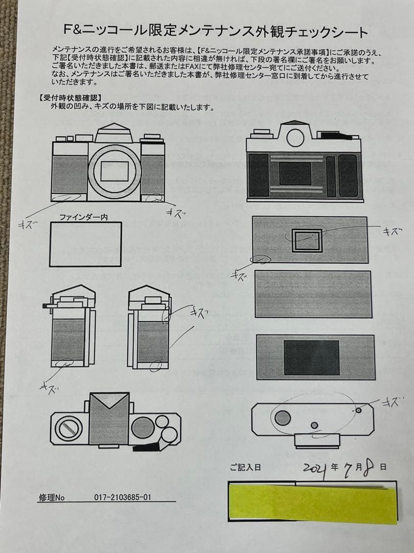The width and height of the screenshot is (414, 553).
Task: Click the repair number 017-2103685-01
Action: coord(123,497)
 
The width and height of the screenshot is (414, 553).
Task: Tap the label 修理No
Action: coord(52,497)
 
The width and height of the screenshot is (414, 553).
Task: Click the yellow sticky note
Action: coord(313,504)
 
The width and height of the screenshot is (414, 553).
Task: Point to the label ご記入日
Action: coord(245,467)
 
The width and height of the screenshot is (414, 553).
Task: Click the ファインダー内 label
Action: coord(83,217)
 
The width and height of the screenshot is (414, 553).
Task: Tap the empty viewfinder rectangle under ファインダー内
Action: coord(85,244)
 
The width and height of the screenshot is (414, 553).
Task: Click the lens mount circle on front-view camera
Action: coord(114,171)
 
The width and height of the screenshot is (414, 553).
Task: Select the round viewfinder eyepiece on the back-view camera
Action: coord(295,137)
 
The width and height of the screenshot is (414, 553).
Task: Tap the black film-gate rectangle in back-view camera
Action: coord(295,174)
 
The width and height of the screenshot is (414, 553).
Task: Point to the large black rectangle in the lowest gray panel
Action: coord(311,357)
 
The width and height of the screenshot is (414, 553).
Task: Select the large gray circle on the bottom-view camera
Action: coord(282,418)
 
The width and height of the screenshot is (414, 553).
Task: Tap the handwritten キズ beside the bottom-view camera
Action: coord(393,402)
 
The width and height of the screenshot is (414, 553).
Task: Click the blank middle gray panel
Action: coord(312,294)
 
